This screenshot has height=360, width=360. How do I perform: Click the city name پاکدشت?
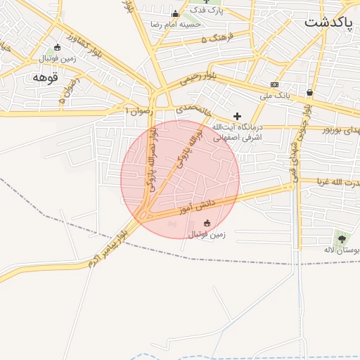click(328, 22)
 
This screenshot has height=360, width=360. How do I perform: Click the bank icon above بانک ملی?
click(274, 84)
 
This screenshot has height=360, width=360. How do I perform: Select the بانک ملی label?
click(275, 95)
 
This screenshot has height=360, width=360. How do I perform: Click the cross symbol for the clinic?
click(237, 116)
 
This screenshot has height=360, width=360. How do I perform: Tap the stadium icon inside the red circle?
click(206, 224)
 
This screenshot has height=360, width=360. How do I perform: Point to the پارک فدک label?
click(210, 11)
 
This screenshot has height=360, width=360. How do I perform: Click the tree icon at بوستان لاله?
click(342, 238)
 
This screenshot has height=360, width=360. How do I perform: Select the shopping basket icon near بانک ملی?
click(309, 92)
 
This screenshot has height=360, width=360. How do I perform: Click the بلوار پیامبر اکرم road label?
click(105, 246)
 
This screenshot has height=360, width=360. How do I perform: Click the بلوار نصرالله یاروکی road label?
click(152, 151)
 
